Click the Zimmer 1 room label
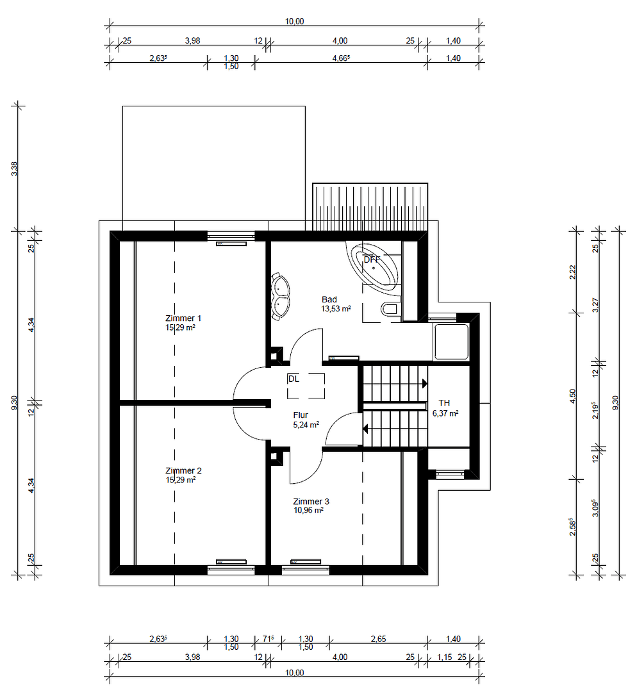[183, 318]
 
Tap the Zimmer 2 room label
[183, 470]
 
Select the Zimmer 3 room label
[311, 501]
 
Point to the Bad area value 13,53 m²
[336, 308]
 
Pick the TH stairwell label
[444, 403]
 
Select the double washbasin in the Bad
[280, 297]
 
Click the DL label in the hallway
[294, 379]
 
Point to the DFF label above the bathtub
[372, 259]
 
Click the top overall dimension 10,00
[294, 21]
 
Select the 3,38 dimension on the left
[15, 169]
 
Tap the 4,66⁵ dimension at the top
[340, 58]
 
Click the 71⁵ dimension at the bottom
[268, 639]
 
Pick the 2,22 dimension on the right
[572, 272]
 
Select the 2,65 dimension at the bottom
[378, 639]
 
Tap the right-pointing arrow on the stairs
[424, 384]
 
